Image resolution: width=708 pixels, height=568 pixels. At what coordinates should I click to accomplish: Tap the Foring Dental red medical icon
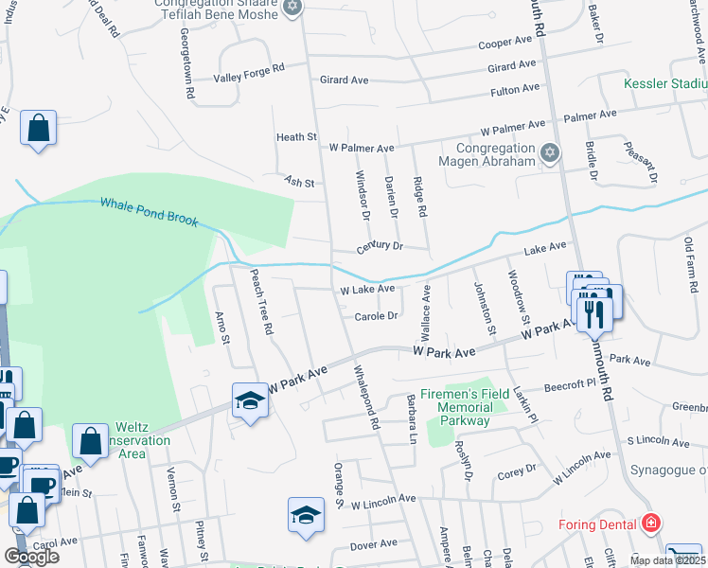tap(650, 522)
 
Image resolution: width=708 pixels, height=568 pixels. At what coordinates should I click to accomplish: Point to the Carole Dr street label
tap(376, 316)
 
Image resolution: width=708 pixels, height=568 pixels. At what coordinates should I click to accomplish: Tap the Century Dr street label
tap(380, 246)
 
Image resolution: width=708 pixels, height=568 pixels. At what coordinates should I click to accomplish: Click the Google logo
tap(31, 556)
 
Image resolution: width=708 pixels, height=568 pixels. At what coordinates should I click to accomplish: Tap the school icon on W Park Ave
tap(250, 401)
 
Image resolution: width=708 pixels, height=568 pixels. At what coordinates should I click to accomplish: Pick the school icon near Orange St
tap(305, 516)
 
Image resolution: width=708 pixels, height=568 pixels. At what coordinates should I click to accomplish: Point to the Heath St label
tap(296, 137)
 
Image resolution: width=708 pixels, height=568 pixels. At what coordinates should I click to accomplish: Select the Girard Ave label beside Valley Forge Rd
tap(344, 80)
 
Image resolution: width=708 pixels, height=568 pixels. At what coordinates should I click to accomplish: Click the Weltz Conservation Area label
tap(130, 441)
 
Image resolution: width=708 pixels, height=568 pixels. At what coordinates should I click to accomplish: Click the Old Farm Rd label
tap(691, 256)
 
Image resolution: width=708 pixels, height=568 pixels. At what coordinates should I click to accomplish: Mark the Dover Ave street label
tap(374, 544)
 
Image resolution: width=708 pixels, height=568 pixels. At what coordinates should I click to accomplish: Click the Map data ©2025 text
tap(666, 560)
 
